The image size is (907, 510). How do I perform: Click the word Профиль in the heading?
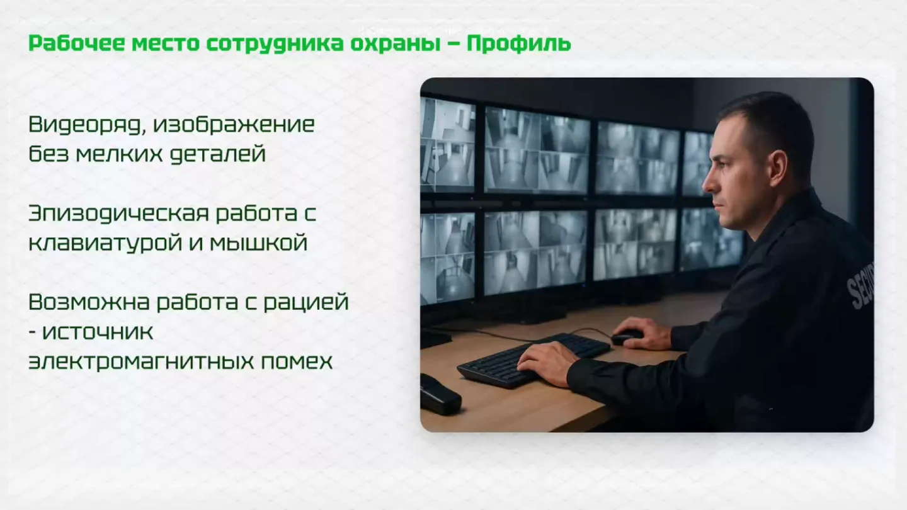point(519,43)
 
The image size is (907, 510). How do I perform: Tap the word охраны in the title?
point(395,44)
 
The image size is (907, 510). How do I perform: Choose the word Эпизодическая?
point(118,213)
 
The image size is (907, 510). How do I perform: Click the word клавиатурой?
point(105,244)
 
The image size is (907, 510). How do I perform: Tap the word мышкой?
point(259,243)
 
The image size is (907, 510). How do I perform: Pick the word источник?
point(98,332)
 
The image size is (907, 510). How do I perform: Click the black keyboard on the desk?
point(533,360)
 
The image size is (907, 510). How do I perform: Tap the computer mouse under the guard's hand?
point(626,336)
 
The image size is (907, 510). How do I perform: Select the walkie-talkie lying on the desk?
point(440,395)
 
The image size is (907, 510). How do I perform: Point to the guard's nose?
point(709,183)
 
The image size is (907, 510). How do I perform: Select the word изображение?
point(234,125)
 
